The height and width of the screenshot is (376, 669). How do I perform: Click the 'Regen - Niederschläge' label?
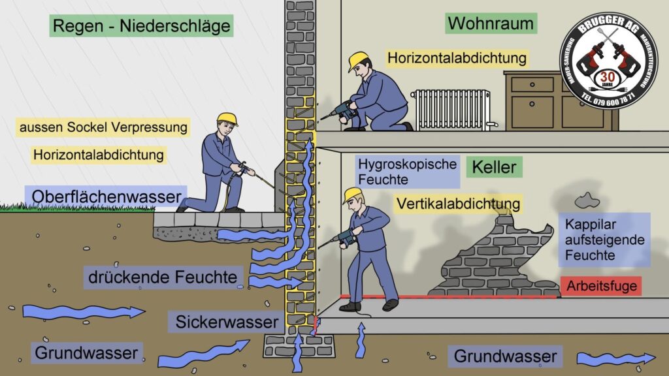pos(141,27)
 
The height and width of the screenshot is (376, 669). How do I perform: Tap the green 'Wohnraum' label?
pos(491,24)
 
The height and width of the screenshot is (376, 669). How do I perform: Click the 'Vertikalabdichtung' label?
pos(458,203)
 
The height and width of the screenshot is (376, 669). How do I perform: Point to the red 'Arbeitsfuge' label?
pos(601,285)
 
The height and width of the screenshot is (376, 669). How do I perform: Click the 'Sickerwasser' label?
pos(228,321)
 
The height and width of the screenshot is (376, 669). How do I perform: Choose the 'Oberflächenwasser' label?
pos(105,196)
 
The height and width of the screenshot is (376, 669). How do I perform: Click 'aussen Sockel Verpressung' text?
pos(104,126)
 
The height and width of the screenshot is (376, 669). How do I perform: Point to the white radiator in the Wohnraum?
pos(451,109)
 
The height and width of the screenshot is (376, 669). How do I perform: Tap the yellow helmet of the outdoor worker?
pos(227,118)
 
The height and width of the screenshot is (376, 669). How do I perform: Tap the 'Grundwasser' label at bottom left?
pos(86,353)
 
